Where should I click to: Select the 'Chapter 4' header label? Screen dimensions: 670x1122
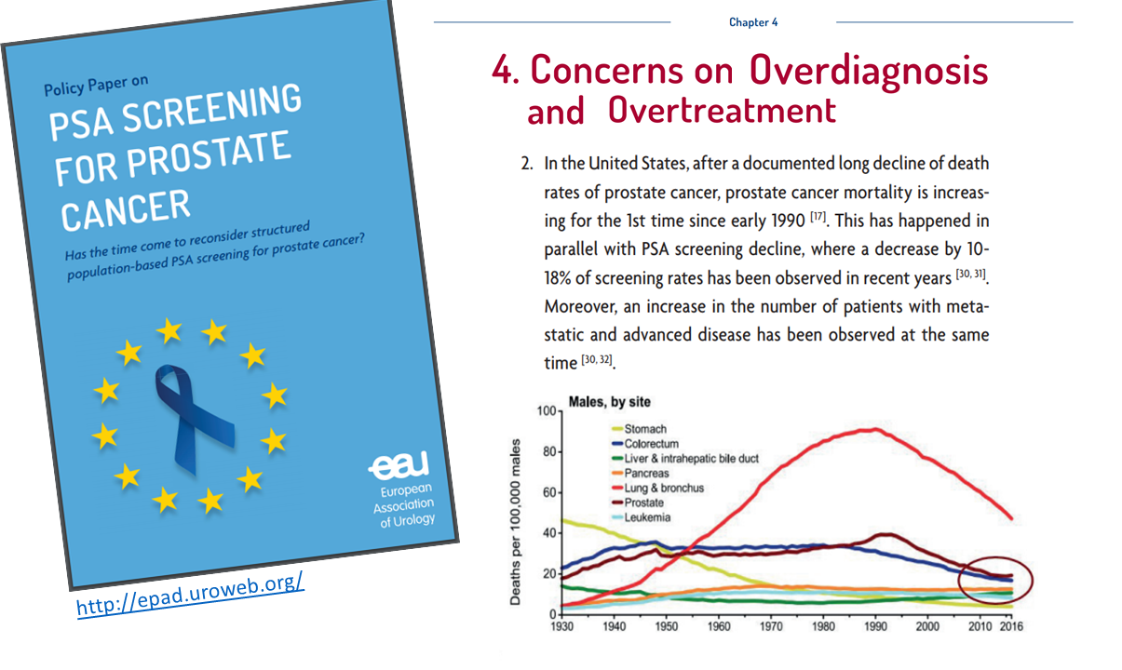tap(753, 22)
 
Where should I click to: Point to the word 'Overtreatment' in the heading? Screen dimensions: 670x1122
tap(722, 110)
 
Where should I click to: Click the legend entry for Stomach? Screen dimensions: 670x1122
tap(645, 430)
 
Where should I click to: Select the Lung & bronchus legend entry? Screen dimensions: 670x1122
tap(664, 489)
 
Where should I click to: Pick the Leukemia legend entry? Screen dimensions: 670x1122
tap(647, 517)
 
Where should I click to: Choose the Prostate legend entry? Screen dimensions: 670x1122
tap(643, 503)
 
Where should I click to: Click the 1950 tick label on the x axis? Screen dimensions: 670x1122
tap(667, 627)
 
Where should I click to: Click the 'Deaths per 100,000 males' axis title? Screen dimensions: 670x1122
tap(516, 522)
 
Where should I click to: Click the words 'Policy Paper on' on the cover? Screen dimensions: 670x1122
tap(96, 87)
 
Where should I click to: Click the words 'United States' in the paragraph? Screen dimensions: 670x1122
tap(633, 165)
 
